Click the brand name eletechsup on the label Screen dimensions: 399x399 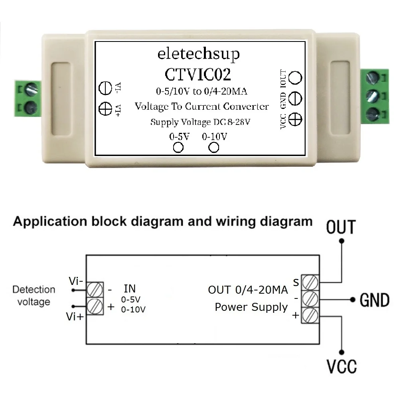tap(198, 54)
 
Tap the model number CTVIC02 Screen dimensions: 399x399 tap(198, 75)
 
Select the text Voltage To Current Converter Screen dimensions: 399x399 tap(201, 107)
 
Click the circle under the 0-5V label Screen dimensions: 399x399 tap(178, 147)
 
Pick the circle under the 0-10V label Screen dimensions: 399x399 tap(214, 147)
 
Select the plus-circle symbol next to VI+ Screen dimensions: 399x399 tap(105, 108)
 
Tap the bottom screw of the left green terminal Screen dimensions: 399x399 tap(31, 107)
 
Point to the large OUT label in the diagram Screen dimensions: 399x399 tap(341, 227)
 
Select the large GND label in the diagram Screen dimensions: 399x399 tap(374, 300)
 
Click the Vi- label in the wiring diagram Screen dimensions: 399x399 tap(75, 281)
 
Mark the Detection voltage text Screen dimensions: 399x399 tap(34, 296)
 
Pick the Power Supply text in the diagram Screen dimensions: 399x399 tap(251, 307)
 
